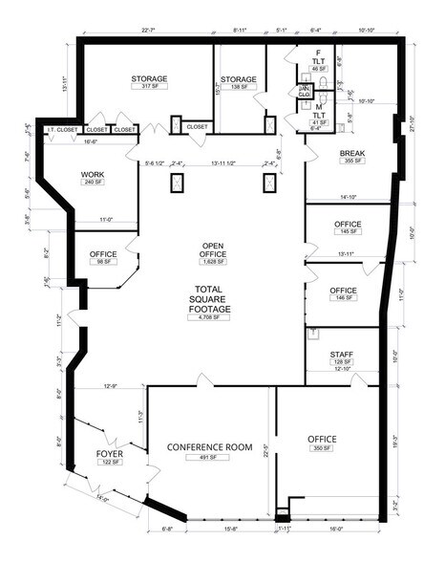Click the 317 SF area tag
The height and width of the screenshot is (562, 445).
148,87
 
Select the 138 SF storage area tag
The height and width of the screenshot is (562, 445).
238,87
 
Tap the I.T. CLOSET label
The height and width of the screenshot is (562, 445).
62,129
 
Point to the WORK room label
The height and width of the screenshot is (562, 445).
92,174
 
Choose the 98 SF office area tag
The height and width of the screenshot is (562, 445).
103,262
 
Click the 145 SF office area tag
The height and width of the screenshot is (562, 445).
349,231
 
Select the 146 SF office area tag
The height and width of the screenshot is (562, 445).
343,298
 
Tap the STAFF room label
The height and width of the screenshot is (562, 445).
342,354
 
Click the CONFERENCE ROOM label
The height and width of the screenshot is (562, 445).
208,447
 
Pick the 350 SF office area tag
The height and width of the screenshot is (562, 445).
322,447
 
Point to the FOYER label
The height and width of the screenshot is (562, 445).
110,453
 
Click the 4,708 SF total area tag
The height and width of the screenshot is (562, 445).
212,317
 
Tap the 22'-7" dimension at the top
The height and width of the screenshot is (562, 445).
148,31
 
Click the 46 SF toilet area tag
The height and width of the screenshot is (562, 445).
318,70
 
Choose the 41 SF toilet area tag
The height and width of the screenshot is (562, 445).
318,122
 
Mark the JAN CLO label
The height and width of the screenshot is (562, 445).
303,92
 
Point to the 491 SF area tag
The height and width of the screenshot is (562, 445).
208,458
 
